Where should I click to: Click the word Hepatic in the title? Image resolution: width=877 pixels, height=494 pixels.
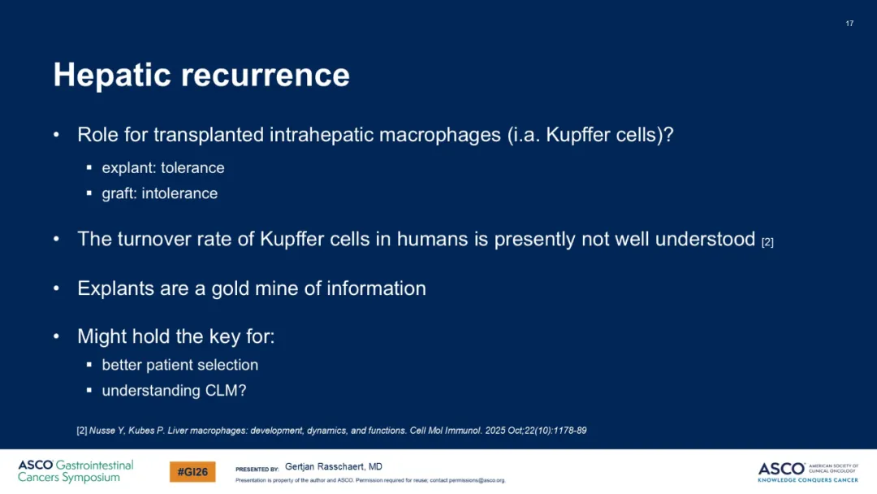[x=112, y=76]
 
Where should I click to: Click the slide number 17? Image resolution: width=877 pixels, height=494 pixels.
[x=849, y=24]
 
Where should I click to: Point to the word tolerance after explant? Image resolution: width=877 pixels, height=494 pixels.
[x=192, y=168]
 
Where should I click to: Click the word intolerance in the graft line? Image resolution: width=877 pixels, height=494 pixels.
[x=179, y=193]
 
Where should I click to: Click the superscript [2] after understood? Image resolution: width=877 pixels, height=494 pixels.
[x=767, y=242]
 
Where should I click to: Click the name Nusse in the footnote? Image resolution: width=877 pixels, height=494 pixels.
[x=102, y=431]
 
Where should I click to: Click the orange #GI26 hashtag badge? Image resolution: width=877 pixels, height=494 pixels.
[x=192, y=472]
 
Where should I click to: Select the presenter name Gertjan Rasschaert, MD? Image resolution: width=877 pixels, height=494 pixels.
[x=334, y=466]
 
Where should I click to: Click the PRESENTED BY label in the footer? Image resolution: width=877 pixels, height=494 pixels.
[x=257, y=470]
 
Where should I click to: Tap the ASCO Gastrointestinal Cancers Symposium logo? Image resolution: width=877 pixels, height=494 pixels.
[x=76, y=471]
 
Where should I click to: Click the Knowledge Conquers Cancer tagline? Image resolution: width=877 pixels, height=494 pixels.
[x=808, y=480]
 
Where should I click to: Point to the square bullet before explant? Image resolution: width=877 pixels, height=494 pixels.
[x=89, y=167]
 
